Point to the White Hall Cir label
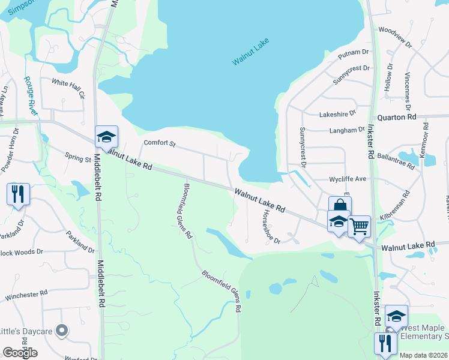pyautogui.click(x=69, y=86)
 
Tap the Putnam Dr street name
pyautogui.click(x=352, y=54)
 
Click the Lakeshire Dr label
pyautogui.click(x=337, y=112)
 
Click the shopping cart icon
pyautogui.click(x=359, y=226)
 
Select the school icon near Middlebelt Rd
pyautogui.click(x=106, y=137)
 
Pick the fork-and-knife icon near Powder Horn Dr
pyautogui.click(x=17, y=193)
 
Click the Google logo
pyautogui.click(x=20, y=352)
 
